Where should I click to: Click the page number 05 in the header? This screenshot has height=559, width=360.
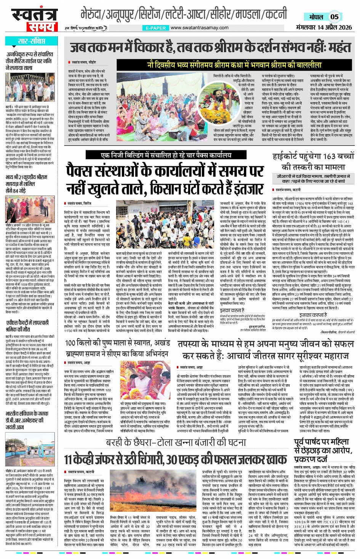click(334, 17)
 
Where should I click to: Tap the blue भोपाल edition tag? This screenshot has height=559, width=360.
click(316, 17)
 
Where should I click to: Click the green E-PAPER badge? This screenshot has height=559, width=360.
click(156, 28)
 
